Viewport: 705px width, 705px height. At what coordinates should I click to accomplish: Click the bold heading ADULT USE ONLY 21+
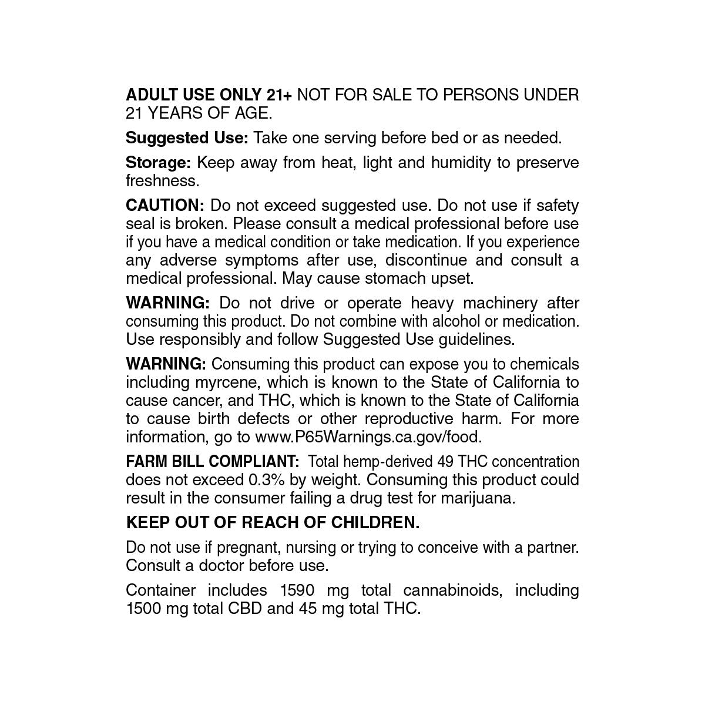click(x=209, y=95)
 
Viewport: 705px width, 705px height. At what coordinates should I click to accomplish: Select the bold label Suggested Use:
click(x=187, y=138)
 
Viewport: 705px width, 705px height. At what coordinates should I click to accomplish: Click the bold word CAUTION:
click(x=165, y=206)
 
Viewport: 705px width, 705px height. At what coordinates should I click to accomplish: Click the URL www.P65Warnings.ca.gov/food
click(x=368, y=437)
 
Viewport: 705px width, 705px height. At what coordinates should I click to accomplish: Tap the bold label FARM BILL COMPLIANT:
click(x=213, y=462)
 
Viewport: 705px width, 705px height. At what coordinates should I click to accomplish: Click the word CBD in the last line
click(x=246, y=609)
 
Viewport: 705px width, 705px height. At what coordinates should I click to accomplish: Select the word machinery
click(x=500, y=303)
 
